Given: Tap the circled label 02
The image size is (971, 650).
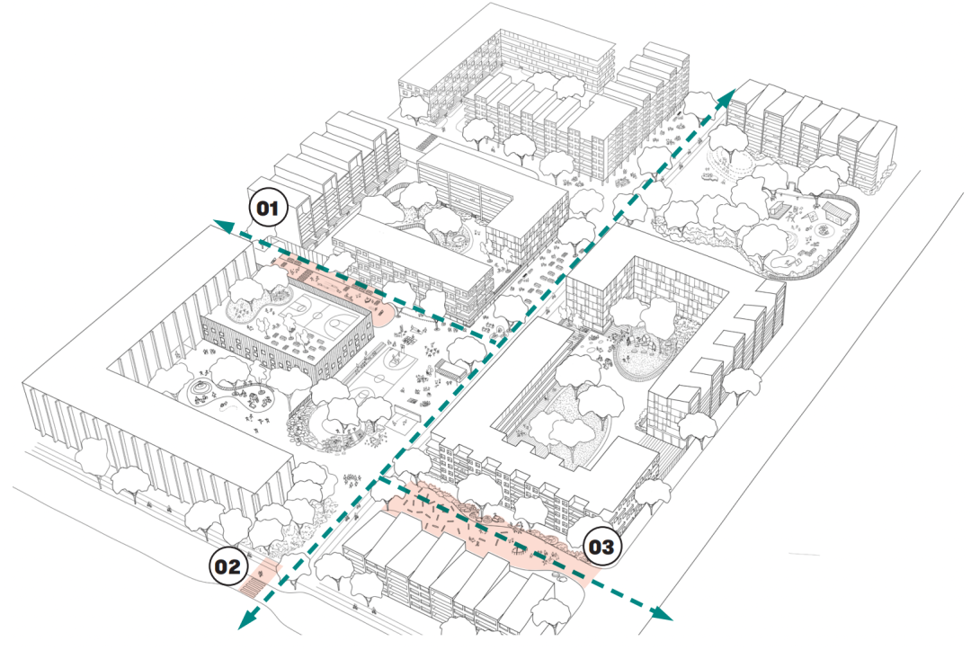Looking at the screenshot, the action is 227,566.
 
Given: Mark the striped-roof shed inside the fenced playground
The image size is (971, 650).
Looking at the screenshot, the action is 834,212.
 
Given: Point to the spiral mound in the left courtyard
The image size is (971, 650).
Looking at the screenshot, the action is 200,389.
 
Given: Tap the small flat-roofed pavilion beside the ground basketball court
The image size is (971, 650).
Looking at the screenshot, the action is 452,369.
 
